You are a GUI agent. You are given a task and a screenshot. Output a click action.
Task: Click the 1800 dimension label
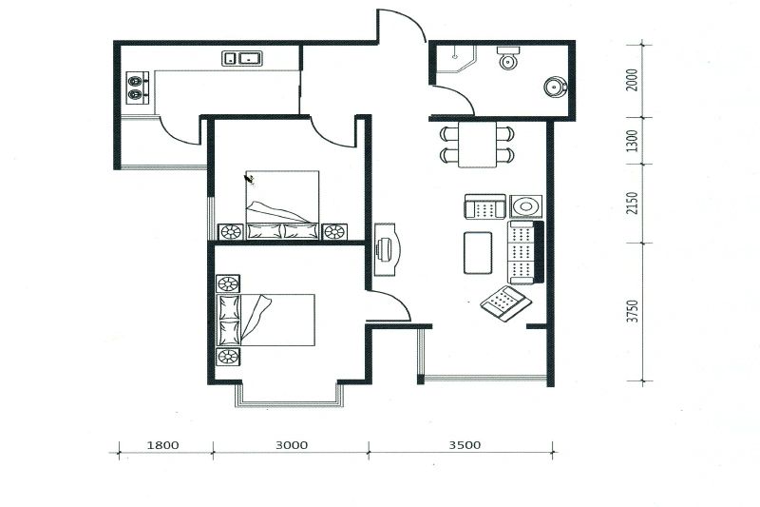pyautogui.click(x=162, y=445)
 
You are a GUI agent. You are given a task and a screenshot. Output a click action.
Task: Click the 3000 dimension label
pyautogui.click(x=292, y=445)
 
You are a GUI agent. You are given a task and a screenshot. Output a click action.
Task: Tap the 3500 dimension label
pyautogui.click(x=465, y=445)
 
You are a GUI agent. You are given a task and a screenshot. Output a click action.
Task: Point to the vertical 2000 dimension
pyautogui.click(x=632, y=80)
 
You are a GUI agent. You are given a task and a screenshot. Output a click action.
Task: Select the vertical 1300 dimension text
pyautogui.click(x=632, y=141)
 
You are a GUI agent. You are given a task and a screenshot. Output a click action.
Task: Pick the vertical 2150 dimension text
pyautogui.click(x=632, y=203)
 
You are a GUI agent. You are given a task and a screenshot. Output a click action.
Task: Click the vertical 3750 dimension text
pyautogui.click(x=632, y=311)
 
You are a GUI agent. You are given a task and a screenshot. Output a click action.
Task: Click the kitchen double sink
pyautogui.click(x=242, y=58)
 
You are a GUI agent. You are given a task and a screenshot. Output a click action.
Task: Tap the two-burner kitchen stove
pyautogui.click(x=138, y=88)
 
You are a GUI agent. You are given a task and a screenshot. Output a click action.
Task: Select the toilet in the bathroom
pyautogui.click(x=508, y=58)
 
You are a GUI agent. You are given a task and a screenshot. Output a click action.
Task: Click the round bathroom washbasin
pyautogui.click(x=556, y=88)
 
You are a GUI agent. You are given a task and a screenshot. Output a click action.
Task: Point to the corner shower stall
pyautogui.click(x=456, y=59)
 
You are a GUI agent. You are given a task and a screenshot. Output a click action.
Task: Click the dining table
pyautogui.click(x=478, y=144)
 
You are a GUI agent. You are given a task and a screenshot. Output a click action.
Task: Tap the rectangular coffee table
pyautogui.click(x=478, y=253)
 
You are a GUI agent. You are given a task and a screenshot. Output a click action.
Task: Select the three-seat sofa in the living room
pyautogui.click(x=525, y=252)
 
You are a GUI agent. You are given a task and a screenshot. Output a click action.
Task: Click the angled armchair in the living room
pyautogui.click(x=505, y=303)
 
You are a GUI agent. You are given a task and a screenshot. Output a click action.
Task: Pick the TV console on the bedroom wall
pyautogui.click(x=388, y=249)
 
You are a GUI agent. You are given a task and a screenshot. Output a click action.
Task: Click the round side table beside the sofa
pyautogui.click(x=526, y=206)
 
